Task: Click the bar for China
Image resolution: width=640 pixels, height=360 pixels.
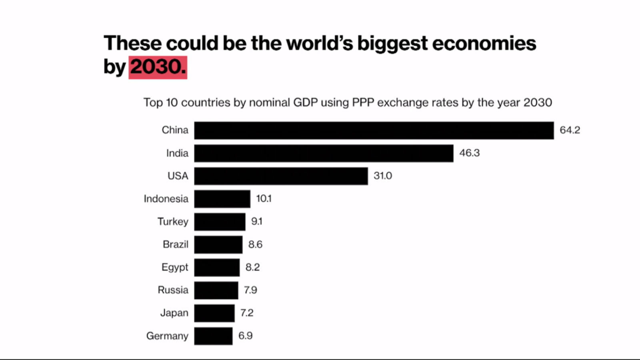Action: [374, 130]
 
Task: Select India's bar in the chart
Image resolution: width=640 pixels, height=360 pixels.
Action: [324, 153]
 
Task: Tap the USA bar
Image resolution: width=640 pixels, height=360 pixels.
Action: [281, 176]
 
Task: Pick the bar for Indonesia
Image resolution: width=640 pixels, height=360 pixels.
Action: [222, 199]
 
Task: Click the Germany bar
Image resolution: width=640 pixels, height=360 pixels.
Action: [213, 336]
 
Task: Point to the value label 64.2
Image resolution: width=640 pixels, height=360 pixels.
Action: [570, 130]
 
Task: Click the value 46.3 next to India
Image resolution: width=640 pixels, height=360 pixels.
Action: [469, 153]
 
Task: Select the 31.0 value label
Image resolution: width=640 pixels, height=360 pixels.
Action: [382, 176]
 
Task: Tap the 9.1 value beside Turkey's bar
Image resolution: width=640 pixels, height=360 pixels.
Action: [256, 222]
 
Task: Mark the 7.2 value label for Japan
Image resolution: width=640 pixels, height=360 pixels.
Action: [246, 313]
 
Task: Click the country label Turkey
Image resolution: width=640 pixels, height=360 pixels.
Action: [172, 222]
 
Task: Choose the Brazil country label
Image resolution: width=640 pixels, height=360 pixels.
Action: [175, 244]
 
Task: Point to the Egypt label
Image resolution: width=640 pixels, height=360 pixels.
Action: [174, 267]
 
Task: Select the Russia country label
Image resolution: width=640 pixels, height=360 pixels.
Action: [172, 290]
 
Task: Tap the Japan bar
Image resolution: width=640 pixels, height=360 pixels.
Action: [214, 313]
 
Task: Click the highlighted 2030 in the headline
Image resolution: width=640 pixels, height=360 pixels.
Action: [158, 67]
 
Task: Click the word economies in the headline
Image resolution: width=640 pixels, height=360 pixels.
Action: [484, 43]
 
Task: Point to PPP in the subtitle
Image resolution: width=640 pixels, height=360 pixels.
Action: [363, 103]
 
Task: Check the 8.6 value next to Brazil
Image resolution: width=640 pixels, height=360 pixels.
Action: [255, 244]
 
